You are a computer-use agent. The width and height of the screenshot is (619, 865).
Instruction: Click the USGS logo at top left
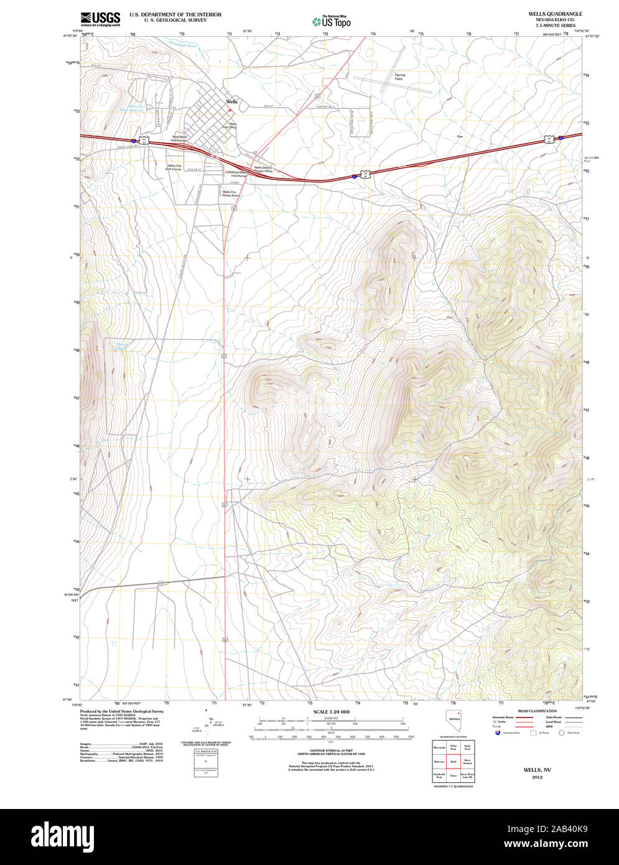point(100,19)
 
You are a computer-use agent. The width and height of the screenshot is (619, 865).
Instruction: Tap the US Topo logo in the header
point(331,22)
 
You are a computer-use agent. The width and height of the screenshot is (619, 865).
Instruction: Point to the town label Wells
point(231,101)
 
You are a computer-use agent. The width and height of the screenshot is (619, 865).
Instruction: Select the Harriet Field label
point(399,77)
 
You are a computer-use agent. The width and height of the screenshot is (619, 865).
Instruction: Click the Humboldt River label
point(183,45)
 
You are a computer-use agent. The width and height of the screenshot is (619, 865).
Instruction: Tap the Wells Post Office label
point(233,126)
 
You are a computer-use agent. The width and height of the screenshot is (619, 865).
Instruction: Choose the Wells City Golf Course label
point(174,167)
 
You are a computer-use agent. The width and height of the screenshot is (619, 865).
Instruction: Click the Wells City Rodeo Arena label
point(229,194)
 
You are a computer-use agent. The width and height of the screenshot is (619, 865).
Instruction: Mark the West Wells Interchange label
point(179,138)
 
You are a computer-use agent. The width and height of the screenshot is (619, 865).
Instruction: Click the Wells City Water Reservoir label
point(131,108)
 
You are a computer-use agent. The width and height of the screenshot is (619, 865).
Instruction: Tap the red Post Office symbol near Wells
point(230,111)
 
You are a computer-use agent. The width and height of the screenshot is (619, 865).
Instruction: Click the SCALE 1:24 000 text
point(331,711)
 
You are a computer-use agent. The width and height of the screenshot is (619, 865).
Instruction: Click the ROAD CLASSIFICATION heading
point(537,711)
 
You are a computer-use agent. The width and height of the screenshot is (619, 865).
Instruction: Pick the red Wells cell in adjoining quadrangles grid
point(453,761)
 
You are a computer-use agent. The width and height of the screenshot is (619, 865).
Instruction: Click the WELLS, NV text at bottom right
point(537,770)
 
